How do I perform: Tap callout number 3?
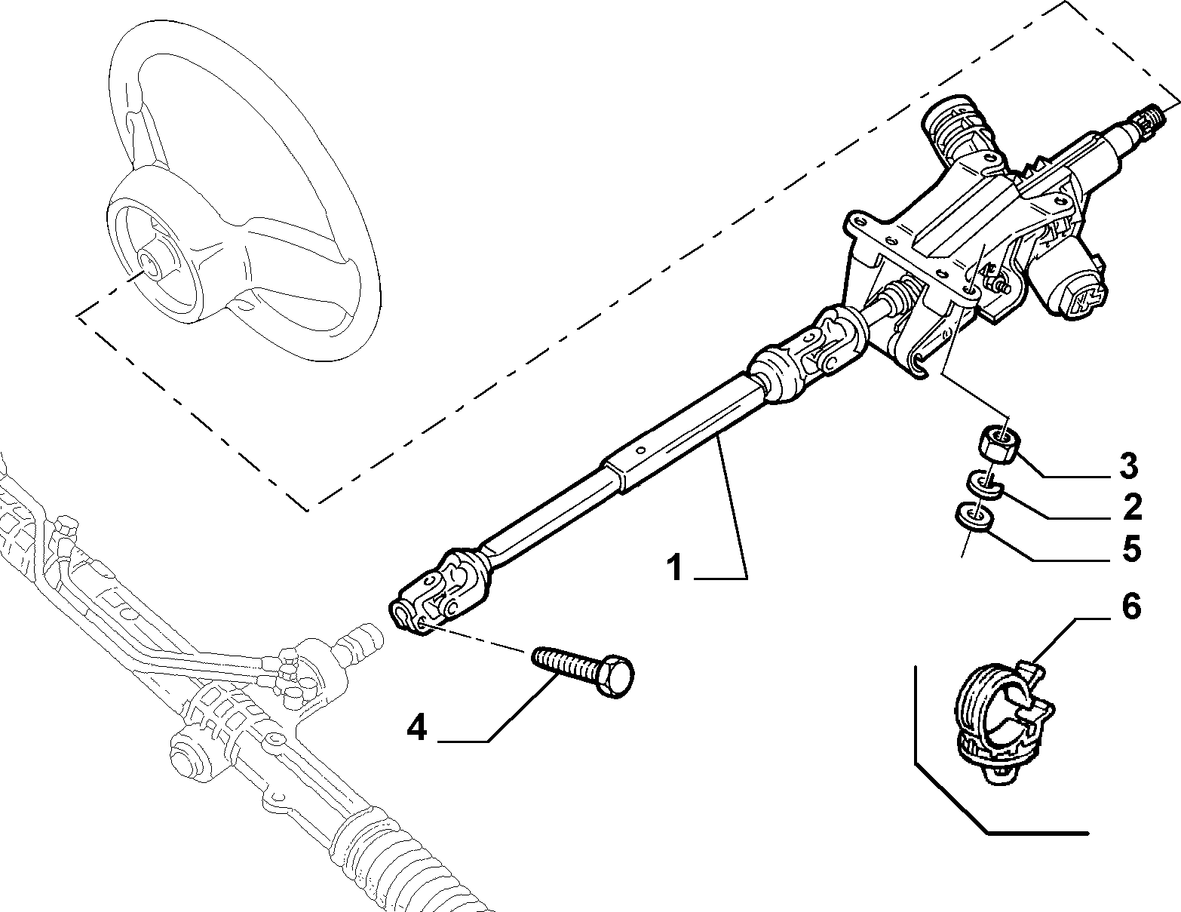click(x=1128, y=465)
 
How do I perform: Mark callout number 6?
click(x=1131, y=606)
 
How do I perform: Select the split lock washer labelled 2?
click(x=984, y=484)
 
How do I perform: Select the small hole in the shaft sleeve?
click(x=641, y=450)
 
